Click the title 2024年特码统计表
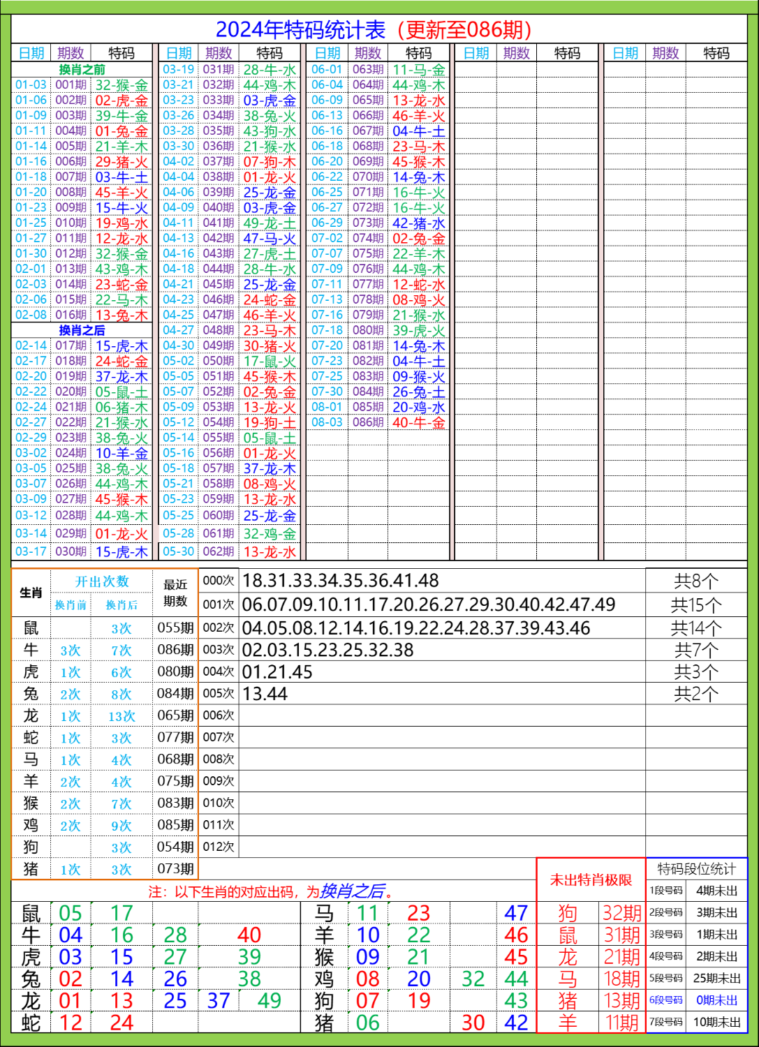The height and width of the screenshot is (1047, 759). pyautogui.click(x=300, y=30)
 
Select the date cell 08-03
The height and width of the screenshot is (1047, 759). pyautogui.click(x=327, y=422)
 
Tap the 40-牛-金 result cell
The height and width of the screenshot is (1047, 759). pyautogui.click(x=418, y=422)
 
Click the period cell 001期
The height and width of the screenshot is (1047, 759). pyautogui.click(x=71, y=85)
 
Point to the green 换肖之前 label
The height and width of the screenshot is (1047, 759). pyautogui.click(x=82, y=70)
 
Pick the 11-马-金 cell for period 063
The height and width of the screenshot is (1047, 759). pyautogui.click(x=418, y=70)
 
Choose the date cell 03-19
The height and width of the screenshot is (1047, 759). pyautogui.click(x=178, y=70)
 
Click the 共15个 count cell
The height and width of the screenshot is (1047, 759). pyautogui.click(x=695, y=605)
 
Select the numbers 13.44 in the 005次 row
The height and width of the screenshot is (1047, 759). pyautogui.click(x=265, y=695)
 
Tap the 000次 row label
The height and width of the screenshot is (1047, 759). pyautogui.click(x=219, y=581)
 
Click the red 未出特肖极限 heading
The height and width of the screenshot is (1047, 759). pyautogui.click(x=591, y=879)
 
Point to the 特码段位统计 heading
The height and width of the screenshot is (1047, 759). pyautogui.click(x=696, y=869)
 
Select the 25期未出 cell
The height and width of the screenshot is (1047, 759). pyautogui.click(x=716, y=979)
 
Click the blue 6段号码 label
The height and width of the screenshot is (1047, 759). pyautogui.click(x=666, y=1000)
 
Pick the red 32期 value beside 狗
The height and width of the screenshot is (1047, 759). pyautogui.click(x=621, y=913)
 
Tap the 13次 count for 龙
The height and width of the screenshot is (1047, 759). pyautogui.click(x=121, y=716)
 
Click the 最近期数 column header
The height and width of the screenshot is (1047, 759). pyautogui.click(x=175, y=592)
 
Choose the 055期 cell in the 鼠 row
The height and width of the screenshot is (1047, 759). pyautogui.click(x=175, y=628)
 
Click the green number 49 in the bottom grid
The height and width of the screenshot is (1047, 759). pyautogui.click(x=269, y=1001)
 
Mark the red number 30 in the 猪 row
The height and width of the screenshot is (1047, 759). pyautogui.click(x=473, y=1023)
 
